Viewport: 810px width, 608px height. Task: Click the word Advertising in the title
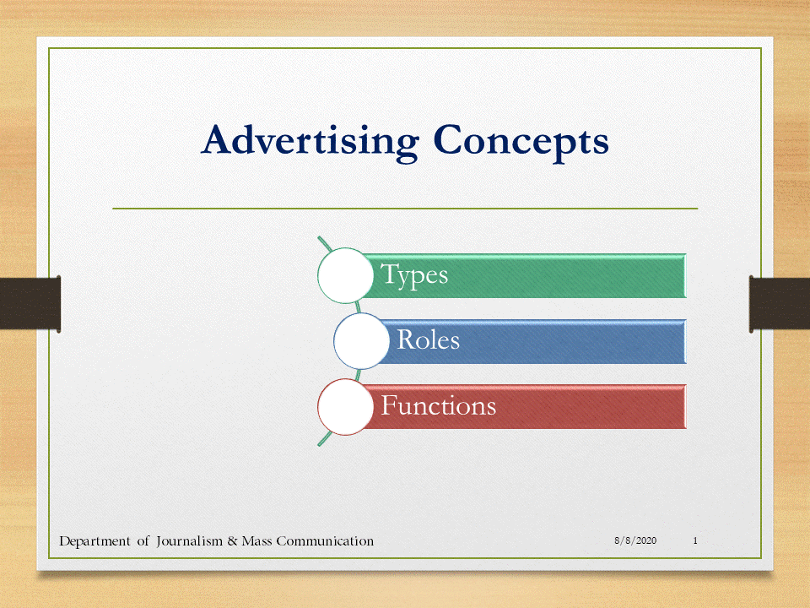pyautogui.click(x=310, y=141)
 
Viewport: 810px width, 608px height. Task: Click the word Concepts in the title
pyautogui.click(x=521, y=141)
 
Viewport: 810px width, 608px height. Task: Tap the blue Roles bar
pyautogui.click(x=532, y=341)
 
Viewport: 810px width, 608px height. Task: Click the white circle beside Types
pyautogui.click(x=345, y=275)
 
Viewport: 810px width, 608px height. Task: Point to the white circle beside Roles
pyautogui.click(x=361, y=341)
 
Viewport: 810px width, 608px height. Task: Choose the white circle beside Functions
pyautogui.click(x=345, y=407)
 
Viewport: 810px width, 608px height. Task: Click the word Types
pyautogui.click(x=414, y=275)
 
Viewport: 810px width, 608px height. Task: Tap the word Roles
pyautogui.click(x=429, y=340)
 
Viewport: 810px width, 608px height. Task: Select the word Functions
pyautogui.click(x=439, y=405)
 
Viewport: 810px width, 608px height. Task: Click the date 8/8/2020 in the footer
pyautogui.click(x=635, y=540)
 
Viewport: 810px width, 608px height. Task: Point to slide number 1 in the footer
pyautogui.click(x=695, y=540)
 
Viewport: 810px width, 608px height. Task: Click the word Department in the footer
pyautogui.click(x=94, y=542)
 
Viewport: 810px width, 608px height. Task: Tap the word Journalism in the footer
pyautogui.click(x=190, y=541)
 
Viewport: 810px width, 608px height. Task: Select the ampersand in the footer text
pyautogui.click(x=233, y=541)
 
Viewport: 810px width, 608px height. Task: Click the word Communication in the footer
pyautogui.click(x=325, y=541)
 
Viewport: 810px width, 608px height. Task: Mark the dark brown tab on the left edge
pyautogui.click(x=30, y=304)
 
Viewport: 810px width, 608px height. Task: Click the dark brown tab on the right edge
pyautogui.click(x=780, y=304)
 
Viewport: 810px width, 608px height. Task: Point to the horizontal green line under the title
pyautogui.click(x=405, y=209)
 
